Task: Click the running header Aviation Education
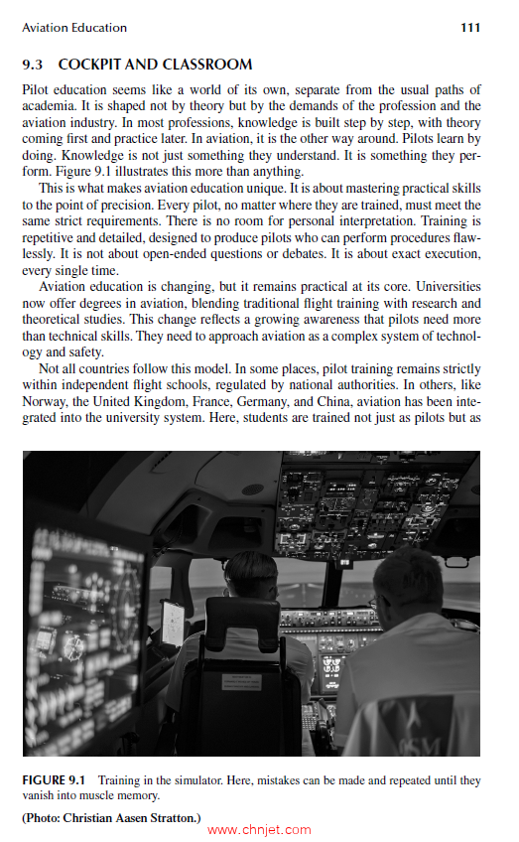click(74, 28)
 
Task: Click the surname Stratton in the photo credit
click(173, 816)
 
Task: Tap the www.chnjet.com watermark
click(260, 831)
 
